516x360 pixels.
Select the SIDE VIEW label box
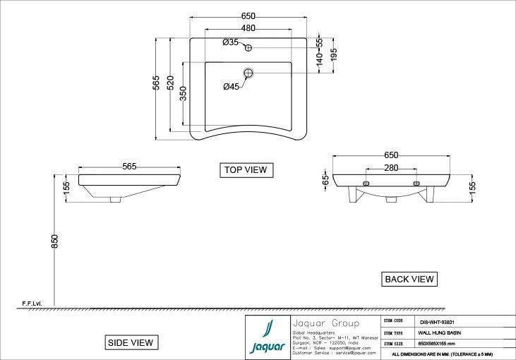129,342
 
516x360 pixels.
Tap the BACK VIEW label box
409,280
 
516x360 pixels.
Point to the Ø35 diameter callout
230,43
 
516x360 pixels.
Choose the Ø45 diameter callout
231,87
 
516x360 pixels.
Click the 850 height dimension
54,241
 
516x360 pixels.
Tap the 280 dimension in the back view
391,168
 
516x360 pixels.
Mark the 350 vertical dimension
183,94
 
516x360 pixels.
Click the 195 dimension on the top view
334,54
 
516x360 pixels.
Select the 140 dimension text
319,61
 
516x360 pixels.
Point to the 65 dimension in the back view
325,180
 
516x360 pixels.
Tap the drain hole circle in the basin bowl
248,72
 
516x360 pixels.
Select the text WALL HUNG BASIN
439,331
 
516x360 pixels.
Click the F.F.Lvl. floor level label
32,304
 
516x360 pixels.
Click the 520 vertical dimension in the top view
170,82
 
